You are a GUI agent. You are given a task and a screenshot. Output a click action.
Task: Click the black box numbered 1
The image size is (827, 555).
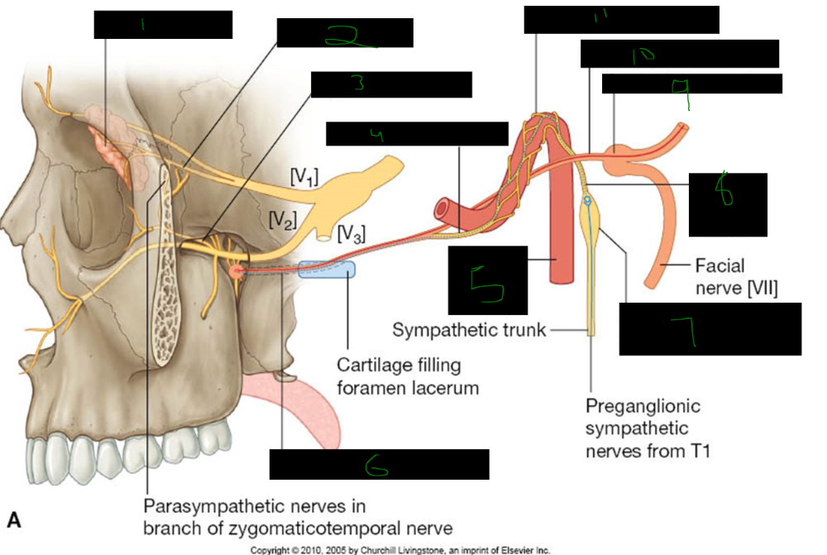point(162,25)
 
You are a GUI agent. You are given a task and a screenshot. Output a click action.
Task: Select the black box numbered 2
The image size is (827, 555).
point(344,34)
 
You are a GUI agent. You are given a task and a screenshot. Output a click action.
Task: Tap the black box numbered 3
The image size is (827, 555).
point(390,85)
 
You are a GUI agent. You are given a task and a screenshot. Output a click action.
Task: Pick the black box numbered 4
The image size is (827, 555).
point(417,134)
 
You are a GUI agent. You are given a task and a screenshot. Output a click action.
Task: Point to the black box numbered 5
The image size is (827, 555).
point(487,280)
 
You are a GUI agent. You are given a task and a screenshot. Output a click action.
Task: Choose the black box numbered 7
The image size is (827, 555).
point(710,328)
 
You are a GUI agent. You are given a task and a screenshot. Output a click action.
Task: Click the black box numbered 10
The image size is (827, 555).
point(679,54)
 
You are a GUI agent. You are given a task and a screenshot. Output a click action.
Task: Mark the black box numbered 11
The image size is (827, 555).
point(621,19)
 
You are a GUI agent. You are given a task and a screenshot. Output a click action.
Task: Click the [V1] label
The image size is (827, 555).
point(303,175)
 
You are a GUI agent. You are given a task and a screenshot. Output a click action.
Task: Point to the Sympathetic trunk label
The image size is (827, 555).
point(469,330)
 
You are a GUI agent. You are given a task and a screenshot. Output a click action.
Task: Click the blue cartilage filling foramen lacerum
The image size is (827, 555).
point(327,270)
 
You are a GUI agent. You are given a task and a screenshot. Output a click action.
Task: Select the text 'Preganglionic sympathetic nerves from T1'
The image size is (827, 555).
point(643,428)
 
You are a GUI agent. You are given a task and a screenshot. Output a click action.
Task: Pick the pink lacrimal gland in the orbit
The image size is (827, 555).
point(114,146)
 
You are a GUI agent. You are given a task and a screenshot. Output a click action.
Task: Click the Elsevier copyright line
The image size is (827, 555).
point(400,549)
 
